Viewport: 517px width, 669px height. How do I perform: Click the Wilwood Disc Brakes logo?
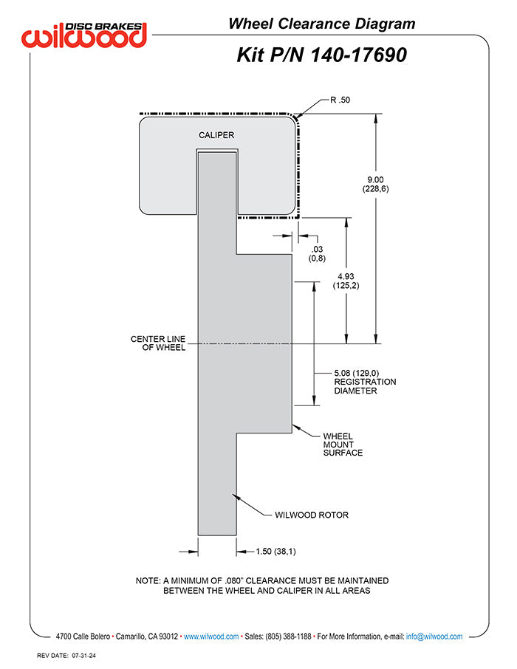click(84, 35)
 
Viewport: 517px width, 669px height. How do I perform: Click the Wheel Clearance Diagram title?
click(321, 24)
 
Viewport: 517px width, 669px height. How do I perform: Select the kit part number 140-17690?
click(357, 55)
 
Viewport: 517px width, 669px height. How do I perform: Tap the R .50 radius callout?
click(340, 100)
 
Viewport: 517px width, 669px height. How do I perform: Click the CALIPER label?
click(216, 135)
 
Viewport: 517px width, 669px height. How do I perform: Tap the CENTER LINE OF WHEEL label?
click(158, 343)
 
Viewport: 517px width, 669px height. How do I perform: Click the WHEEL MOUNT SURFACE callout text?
click(343, 445)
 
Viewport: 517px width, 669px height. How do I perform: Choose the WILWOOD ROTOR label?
click(312, 515)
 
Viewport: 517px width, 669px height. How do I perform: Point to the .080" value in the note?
click(234, 580)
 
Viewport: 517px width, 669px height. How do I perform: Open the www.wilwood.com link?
click(211, 637)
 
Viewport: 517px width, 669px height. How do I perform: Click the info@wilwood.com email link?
click(434, 637)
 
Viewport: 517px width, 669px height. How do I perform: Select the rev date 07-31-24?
click(84, 656)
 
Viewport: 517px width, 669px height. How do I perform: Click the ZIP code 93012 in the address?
click(168, 637)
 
